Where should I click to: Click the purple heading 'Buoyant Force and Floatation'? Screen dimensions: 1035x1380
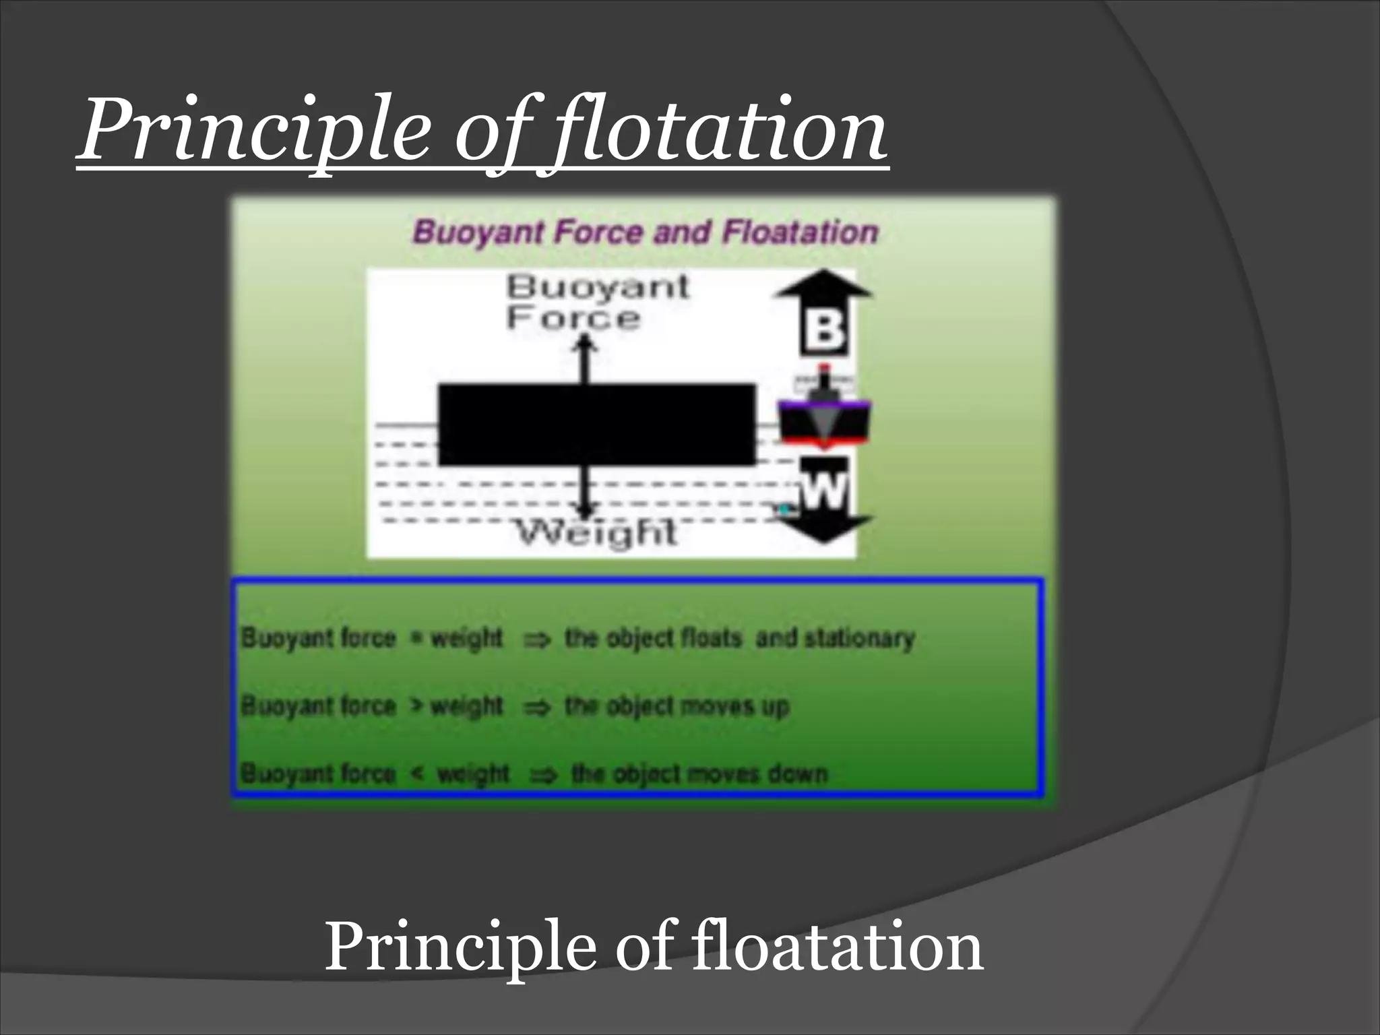coord(646,232)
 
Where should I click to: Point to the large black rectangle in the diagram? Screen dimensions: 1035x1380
coord(596,425)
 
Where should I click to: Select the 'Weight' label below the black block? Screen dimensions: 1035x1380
coord(596,534)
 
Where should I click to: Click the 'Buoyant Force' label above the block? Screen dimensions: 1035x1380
coord(596,302)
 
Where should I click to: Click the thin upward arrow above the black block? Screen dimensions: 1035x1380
coord(585,357)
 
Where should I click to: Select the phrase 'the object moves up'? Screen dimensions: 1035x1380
coord(677,706)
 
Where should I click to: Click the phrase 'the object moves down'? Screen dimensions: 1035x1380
coord(699,774)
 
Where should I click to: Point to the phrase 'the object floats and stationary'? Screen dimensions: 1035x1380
coord(739,637)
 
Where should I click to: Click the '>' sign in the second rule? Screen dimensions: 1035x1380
coord(417,705)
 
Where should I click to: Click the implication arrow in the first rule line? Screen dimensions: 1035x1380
coord(537,639)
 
